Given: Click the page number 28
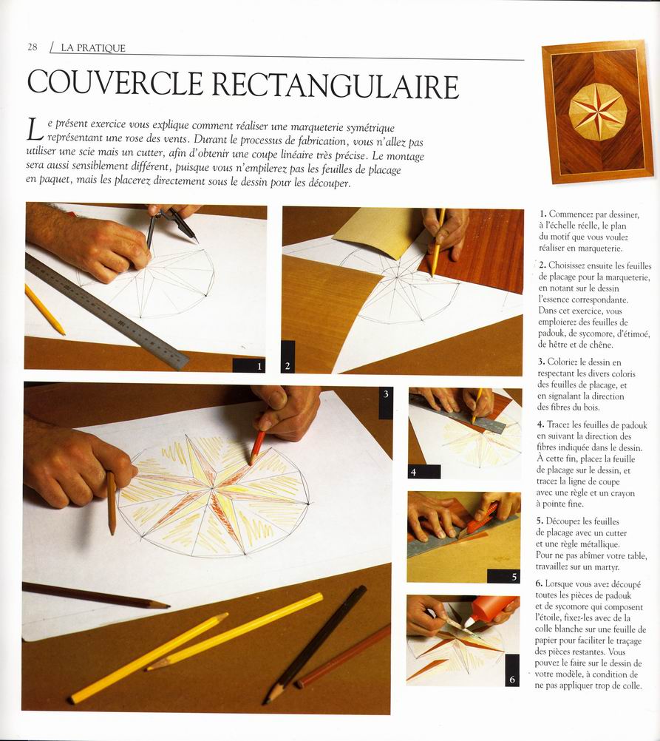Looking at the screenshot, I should pyautogui.click(x=33, y=47).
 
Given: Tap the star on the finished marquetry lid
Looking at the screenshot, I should pyautogui.click(x=597, y=111).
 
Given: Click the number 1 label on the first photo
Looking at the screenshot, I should pyautogui.click(x=259, y=365).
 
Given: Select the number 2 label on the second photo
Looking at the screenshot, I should pyautogui.click(x=288, y=365).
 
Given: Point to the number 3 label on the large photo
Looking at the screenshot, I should pyautogui.click(x=385, y=395).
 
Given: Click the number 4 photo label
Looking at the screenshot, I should pyautogui.click(x=414, y=471).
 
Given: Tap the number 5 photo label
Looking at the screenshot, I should pyautogui.click(x=514, y=576).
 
